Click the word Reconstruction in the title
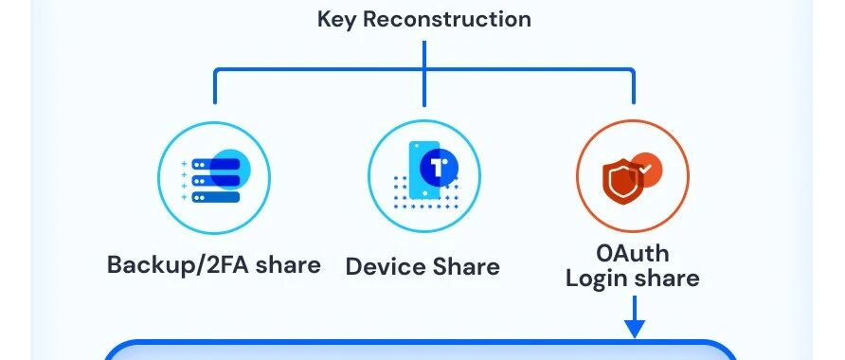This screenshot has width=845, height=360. [447, 19]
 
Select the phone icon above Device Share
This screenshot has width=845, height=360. [425, 171]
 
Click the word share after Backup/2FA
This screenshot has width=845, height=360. [288, 264]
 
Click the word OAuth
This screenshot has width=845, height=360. [633, 253]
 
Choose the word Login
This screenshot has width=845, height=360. [597, 279]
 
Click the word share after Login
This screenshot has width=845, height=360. [667, 279]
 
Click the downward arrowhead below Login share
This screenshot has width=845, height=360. [635, 328]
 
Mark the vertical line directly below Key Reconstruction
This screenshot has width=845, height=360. [424, 73]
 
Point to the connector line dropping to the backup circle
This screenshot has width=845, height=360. [215, 86]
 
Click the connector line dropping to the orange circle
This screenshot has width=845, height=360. [633, 86]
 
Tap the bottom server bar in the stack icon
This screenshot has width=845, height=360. [216, 197]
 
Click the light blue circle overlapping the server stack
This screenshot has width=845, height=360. [230, 170]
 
